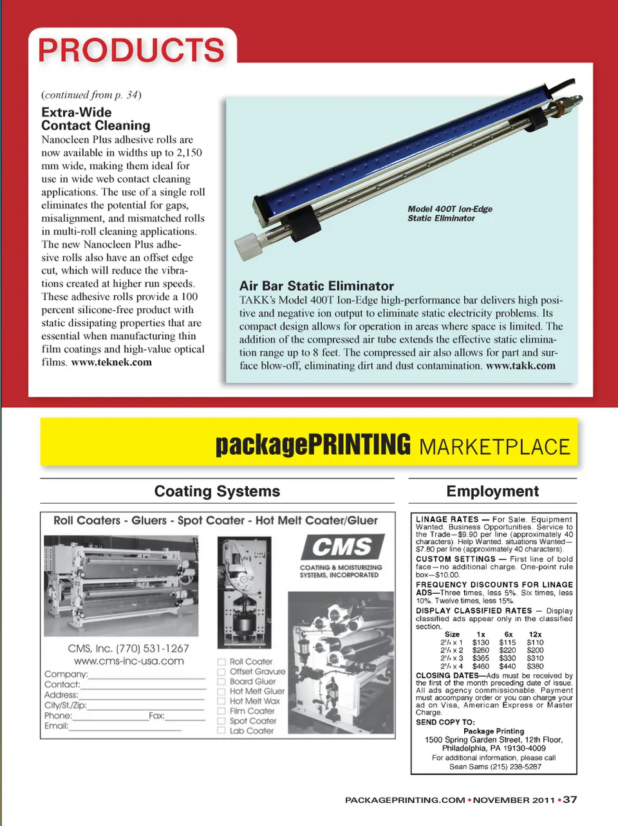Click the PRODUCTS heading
[x=131, y=50]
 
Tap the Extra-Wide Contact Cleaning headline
[x=96, y=119]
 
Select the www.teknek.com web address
[x=111, y=362]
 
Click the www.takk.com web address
[x=520, y=365]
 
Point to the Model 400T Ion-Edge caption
[x=449, y=214]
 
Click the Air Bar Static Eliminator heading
[x=316, y=286]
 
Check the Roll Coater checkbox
[x=221, y=661]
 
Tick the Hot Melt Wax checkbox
[x=221, y=701]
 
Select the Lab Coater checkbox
[x=221, y=731]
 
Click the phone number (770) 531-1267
[x=152, y=648]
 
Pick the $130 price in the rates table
[x=480, y=642]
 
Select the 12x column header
[x=535, y=634]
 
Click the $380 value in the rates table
[x=535, y=666]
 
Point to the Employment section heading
[x=492, y=491]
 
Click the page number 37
[x=570, y=800]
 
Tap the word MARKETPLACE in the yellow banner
[x=494, y=446]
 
